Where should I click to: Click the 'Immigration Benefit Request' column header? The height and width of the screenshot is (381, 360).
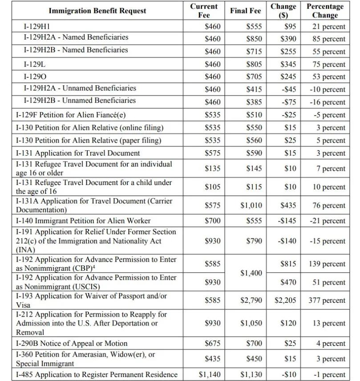(x=97, y=11)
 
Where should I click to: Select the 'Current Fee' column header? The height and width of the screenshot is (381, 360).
(x=203, y=11)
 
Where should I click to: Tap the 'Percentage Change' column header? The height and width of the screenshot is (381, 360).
(x=325, y=11)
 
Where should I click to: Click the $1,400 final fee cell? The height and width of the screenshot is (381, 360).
(x=251, y=273)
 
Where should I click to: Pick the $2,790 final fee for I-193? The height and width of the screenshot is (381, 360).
(x=251, y=301)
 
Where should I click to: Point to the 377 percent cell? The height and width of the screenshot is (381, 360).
(x=327, y=301)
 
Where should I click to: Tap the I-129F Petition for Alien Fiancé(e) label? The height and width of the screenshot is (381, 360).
(x=71, y=115)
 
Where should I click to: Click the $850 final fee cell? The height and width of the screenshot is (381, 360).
(x=254, y=39)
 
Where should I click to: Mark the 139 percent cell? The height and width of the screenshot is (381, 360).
(x=327, y=264)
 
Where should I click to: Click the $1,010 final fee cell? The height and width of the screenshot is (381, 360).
(x=251, y=205)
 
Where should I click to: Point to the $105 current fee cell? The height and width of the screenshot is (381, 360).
(x=212, y=187)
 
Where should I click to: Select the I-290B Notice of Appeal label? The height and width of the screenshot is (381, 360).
(x=72, y=343)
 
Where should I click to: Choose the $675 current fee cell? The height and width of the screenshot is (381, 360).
(x=212, y=343)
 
